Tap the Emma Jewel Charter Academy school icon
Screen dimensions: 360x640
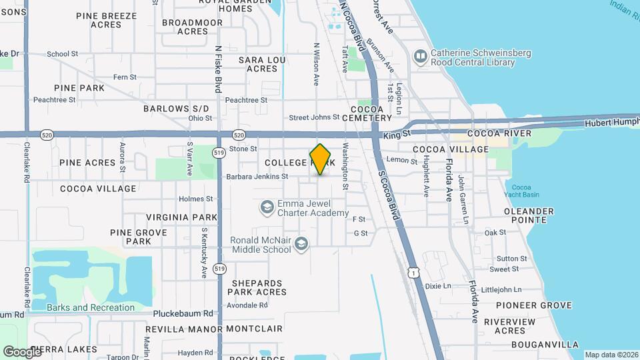point(267,208)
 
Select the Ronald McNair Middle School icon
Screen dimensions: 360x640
point(301,245)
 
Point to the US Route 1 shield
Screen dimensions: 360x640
point(414,273)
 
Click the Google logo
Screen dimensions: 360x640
point(22,351)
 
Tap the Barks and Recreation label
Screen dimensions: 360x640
point(91,307)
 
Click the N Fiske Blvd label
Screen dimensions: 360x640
point(218,69)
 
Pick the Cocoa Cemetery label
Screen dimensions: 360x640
point(367,113)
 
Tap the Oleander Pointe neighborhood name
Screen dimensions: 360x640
point(529,216)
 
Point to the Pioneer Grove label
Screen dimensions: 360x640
point(533,305)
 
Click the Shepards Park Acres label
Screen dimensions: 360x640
point(259,287)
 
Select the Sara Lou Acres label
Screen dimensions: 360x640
point(262,64)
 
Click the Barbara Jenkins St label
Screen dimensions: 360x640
point(257,177)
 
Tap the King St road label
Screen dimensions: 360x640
point(395,135)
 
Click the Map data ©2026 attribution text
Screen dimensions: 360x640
point(611,355)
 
